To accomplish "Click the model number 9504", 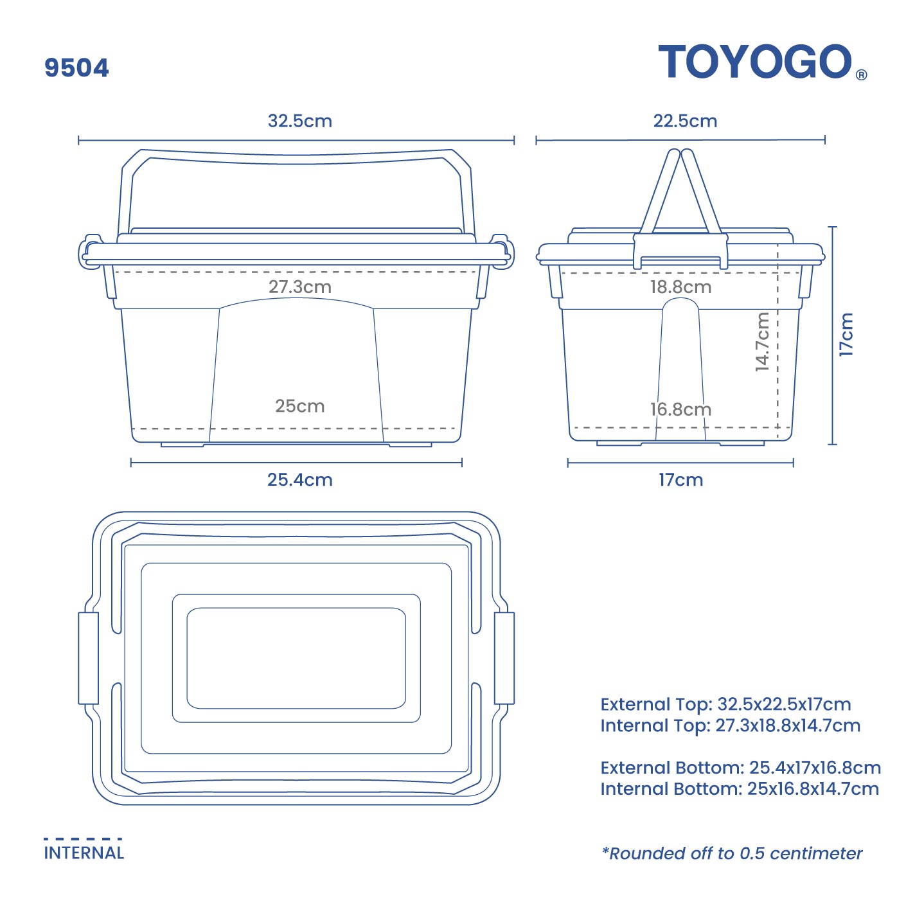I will (x=76, y=68).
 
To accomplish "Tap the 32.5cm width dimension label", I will (x=299, y=121).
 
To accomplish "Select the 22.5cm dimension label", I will (x=685, y=121).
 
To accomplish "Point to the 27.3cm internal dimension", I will (x=299, y=287).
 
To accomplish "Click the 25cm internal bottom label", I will (x=299, y=406).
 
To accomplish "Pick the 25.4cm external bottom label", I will (x=299, y=480).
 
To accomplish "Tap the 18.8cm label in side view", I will (x=680, y=287).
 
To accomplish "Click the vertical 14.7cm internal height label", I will (x=762, y=342).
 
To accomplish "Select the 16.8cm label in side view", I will (x=680, y=409).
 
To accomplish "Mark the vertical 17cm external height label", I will (x=846, y=334).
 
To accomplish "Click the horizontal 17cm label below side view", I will (x=680, y=480).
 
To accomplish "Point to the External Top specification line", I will (x=725, y=704).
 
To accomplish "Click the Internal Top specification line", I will (x=730, y=725).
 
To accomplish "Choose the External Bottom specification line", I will (x=740, y=768).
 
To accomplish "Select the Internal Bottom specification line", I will (x=740, y=789).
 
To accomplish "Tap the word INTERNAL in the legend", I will (x=84, y=853).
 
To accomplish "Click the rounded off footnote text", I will (x=732, y=853).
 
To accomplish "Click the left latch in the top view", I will (x=88, y=658).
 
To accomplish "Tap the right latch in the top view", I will (x=504, y=658).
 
